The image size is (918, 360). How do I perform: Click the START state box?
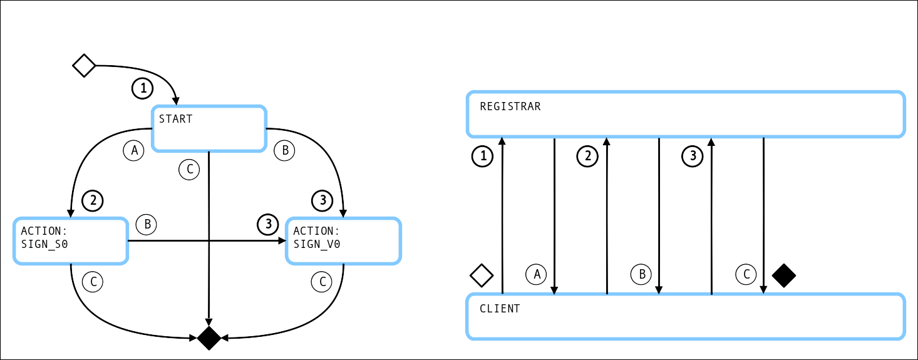click(209, 128)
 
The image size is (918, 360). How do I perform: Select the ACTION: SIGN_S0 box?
click(71, 240)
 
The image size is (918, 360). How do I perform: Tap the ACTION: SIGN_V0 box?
click(343, 240)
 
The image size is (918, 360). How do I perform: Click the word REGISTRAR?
click(510, 106)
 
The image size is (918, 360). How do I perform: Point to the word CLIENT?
click(499, 309)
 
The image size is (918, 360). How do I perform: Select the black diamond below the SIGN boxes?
click(210, 339)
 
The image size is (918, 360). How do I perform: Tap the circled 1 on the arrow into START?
click(143, 88)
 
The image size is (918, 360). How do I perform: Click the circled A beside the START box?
click(133, 150)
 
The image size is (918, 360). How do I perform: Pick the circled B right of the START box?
click(284, 150)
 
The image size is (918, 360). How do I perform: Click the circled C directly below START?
click(189, 169)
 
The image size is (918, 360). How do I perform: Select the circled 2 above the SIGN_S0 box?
click(93, 201)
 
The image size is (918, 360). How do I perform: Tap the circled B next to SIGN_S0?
click(147, 224)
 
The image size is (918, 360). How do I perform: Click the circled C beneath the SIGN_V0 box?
click(322, 282)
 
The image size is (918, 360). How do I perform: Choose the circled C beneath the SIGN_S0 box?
click(93, 282)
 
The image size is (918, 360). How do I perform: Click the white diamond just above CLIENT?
click(482, 275)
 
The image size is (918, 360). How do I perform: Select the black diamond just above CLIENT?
click(783, 275)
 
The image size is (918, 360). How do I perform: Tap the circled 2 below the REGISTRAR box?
click(587, 156)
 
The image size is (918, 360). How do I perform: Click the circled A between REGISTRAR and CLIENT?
click(536, 274)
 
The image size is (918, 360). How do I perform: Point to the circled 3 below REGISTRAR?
click(693, 156)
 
